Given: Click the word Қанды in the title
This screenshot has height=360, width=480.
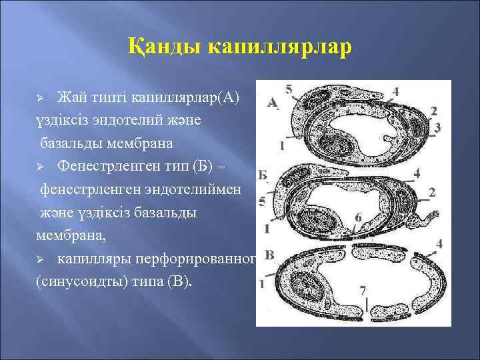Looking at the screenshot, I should (165, 49).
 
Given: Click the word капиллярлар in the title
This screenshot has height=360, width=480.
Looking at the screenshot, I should (279, 49).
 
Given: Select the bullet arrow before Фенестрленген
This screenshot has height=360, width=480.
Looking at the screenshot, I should (40, 164).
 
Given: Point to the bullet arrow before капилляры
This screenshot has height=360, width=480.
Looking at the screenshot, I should (40, 259).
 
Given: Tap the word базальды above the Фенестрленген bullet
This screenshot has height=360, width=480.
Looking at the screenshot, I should (71, 143).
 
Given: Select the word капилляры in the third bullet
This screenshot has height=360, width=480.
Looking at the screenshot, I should (95, 259).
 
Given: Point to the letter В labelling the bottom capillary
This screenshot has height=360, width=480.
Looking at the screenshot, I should (269, 255).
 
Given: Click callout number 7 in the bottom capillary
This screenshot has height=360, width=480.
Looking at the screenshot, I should (362, 291).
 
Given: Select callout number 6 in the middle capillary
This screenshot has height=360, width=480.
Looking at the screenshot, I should (359, 217).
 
